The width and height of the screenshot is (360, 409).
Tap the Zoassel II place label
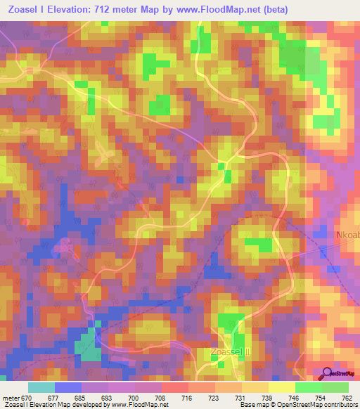[231, 351]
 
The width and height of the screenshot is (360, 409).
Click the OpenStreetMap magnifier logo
[326, 373]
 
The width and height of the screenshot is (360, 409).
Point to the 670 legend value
[25, 398]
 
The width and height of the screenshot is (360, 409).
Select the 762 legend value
[346, 398]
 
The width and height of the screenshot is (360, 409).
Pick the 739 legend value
[266, 398]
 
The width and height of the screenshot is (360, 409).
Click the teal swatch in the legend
[41, 387]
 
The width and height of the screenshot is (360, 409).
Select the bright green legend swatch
[309, 387]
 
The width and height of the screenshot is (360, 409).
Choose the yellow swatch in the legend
[282, 387]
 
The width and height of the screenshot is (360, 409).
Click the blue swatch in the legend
[68, 387]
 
